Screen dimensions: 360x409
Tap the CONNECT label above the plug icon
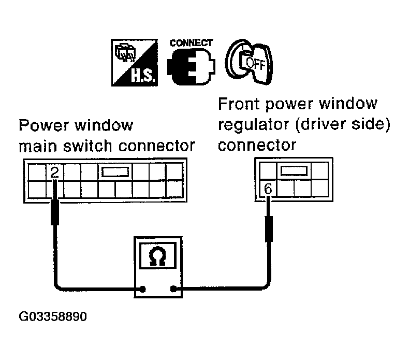(x=191, y=43)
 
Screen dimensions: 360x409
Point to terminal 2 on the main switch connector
(x=54, y=172)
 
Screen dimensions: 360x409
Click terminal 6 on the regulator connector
(x=268, y=189)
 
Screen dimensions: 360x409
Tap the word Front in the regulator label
(x=239, y=104)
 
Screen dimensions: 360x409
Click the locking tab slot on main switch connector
(x=115, y=172)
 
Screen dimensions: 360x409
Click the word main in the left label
(x=37, y=146)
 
